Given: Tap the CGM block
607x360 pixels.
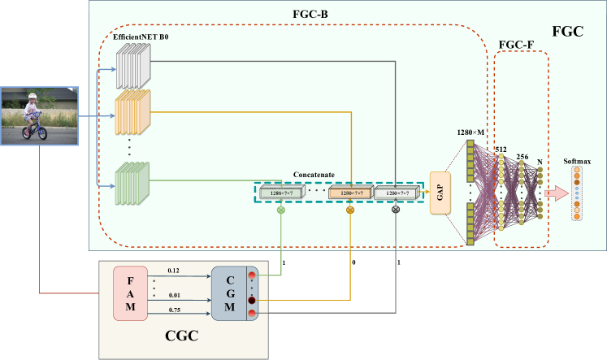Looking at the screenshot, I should point(231,293).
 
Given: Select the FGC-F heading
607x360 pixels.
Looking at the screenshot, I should point(521,42).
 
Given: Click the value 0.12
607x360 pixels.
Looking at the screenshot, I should point(173,269).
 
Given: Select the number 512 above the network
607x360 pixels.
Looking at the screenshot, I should point(501,150).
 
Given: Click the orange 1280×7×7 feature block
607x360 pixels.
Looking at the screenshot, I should point(350,193).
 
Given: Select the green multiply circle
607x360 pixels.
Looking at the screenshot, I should point(281,210).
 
